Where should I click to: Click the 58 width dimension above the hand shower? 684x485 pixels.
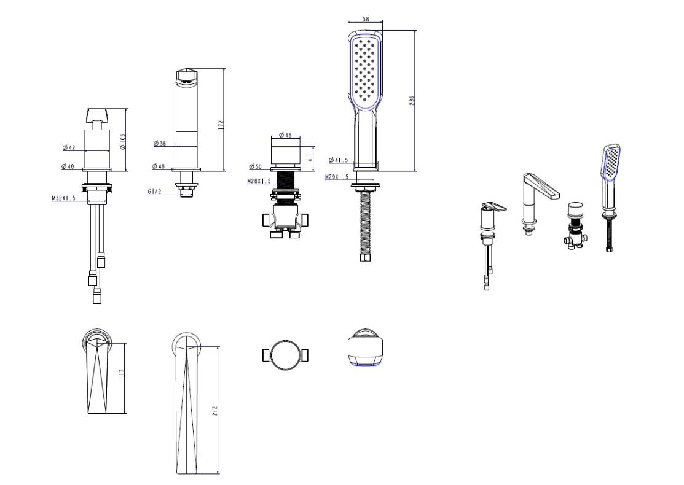tap(366, 19)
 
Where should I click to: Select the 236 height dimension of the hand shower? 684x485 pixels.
tap(412, 100)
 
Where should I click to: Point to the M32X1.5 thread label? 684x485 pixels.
tap(64, 198)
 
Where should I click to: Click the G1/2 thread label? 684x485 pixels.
tap(154, 192)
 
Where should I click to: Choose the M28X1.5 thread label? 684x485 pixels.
tap(259, 181)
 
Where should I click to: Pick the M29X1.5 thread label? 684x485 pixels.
tap(337, 177)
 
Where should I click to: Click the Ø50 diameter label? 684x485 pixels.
tap(256, 166)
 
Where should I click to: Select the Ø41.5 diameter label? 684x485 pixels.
tap(339, 160)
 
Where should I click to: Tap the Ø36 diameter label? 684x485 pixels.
tap(160, 144)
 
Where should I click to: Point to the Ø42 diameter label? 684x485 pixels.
tap(69, 148)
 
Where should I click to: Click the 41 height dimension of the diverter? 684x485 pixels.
tap(311, 158)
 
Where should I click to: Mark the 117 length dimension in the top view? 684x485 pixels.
tap(122, 374)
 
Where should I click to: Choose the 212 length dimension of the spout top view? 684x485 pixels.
tap(214, 411)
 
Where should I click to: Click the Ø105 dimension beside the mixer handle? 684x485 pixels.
tap(123, 142)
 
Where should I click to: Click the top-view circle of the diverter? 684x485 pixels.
tap(286, 355)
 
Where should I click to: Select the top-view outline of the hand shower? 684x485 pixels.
tap(366, 347)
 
